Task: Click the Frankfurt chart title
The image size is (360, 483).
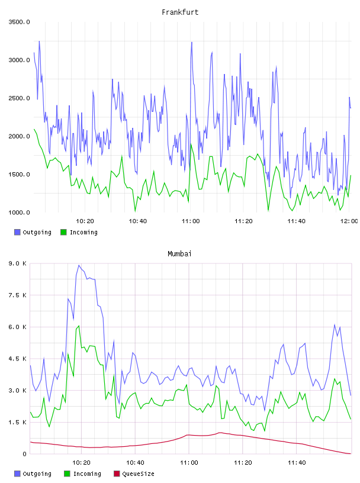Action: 180,12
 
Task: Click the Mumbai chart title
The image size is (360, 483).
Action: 179,254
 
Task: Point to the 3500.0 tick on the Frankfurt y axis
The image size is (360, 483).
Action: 19,22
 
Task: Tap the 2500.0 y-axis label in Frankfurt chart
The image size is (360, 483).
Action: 19,98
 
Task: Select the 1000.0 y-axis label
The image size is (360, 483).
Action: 19,212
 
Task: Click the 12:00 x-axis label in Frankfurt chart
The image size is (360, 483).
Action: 349,221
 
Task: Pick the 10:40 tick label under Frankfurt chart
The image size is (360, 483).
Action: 138,221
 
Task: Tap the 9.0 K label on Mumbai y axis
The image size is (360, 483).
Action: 18,263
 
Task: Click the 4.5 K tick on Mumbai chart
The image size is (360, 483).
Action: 18,359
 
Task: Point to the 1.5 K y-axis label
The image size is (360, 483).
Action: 18,422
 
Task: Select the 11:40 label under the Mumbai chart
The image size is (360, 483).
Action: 297,462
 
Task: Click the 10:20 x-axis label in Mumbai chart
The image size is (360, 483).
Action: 81,462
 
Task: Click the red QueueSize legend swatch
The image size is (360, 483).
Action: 117,474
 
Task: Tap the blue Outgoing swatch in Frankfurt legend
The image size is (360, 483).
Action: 17,232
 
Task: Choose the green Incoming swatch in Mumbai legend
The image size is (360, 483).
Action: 67,474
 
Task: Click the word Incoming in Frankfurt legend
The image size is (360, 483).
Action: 83,232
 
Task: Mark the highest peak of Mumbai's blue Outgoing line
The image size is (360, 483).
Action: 79,265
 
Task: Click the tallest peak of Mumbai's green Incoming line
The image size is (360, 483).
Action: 79,326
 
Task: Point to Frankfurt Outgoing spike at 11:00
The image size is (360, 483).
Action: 192,43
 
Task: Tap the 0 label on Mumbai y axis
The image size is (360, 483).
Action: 24,454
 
